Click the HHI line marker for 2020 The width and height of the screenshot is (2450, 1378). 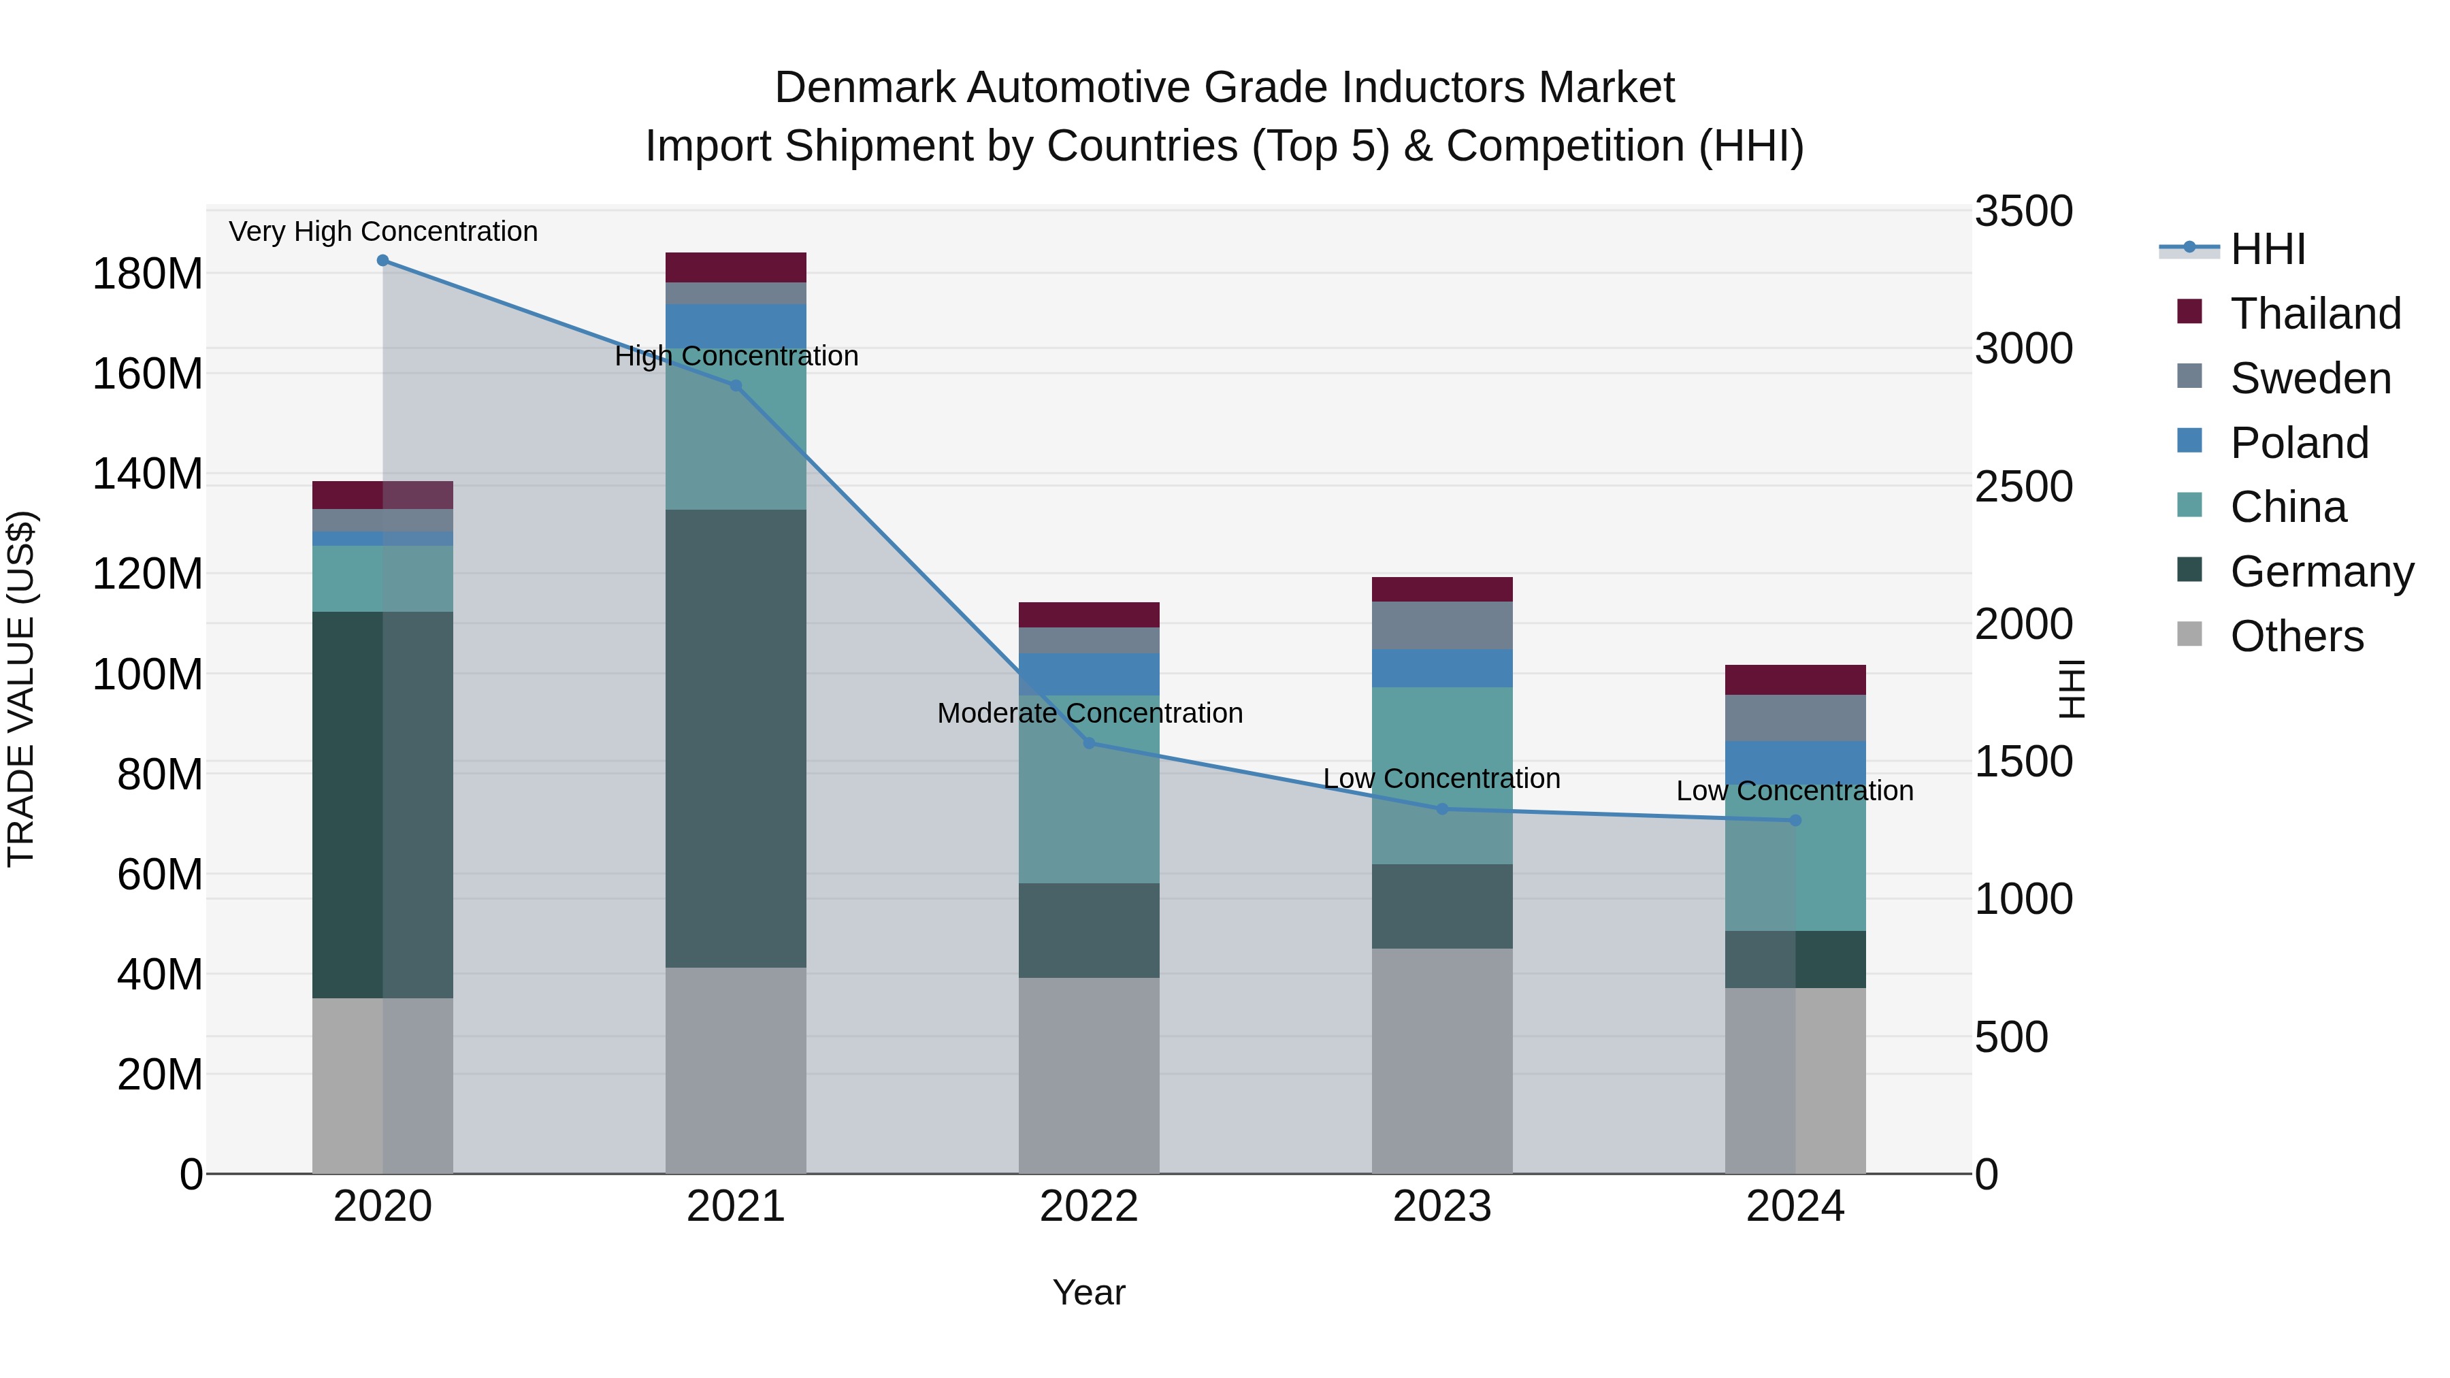pos(382,261)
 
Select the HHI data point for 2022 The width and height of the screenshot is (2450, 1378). pos(1089,742)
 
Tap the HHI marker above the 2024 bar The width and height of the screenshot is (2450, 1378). pos(1795,820)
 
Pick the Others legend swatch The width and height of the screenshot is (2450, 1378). pos(2189,634)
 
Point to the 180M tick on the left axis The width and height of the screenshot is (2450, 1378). pos(148,274)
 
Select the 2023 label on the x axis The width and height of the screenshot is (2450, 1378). pos(1442,1207)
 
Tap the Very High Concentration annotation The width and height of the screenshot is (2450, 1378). pos(383,231)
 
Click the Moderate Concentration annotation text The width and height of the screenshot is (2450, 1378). pos(1089,713)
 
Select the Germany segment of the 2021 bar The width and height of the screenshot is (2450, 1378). pos(735,737)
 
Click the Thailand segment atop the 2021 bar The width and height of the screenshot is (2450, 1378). pos(735,267)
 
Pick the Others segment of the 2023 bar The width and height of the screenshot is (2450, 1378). pos(1442,1060)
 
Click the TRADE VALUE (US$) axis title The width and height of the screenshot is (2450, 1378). pos(21,689)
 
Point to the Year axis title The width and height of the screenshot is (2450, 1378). pos(1089,1292)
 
